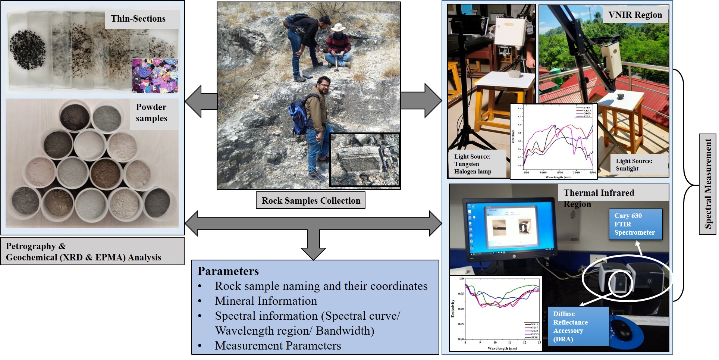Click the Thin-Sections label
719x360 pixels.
(x=138, y=19)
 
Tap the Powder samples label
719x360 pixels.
(x=151, y=113)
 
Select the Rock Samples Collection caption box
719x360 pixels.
(x=311, y=201)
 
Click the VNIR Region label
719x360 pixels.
(x=635, y=15)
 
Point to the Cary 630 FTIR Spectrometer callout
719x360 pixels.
(x=635, y=224)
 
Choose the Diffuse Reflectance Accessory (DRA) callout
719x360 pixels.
(x=578, y=326)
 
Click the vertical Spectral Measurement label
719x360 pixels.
(x=707, y=184)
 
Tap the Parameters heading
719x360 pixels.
(x=228, y=271)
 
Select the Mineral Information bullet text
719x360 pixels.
(x=266, y=301)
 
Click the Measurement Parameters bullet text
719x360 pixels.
(x=278, y=346)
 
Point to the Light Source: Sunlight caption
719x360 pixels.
(x=634, y=165)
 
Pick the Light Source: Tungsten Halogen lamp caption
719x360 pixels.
(x=473, y=164)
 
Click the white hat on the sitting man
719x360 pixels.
(x=338, y=28)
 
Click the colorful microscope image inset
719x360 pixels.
(x=155, y=76)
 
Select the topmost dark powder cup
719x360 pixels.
(x=75, y=116)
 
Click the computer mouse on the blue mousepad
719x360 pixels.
(x=622, y=329)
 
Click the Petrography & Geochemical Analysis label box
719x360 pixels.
(x=92, y=251)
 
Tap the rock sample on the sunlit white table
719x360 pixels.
(x=621, y=97)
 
